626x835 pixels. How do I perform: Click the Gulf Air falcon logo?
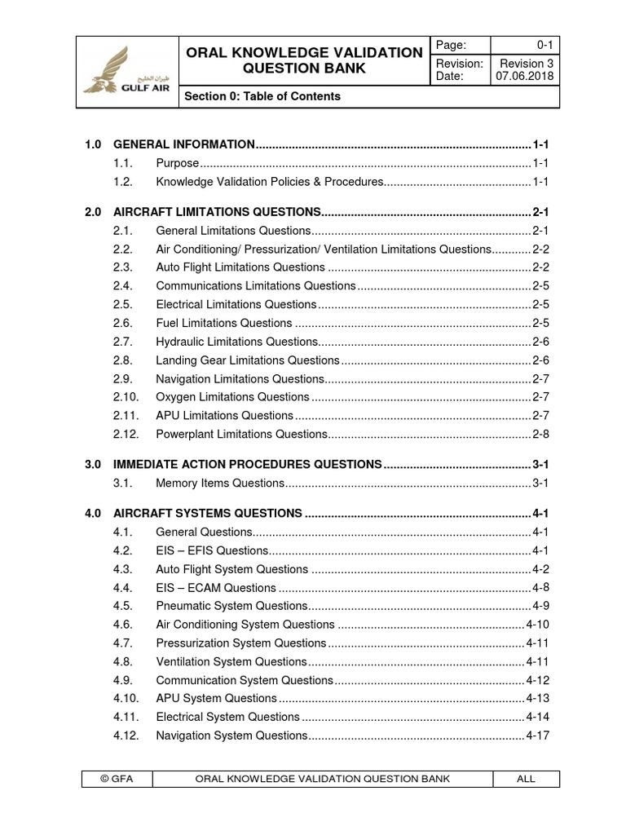pyautogui.click(x=126, y=72)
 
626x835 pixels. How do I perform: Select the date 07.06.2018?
pyautogui.click(x=526, y=76)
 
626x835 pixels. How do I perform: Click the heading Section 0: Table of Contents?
pyautogui.click(x=262, y=96)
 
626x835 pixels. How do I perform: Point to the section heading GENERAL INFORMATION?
pyautogui.click(x=184, y=144)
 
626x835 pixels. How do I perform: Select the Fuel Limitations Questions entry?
pyautogui.click(x=223, y=323)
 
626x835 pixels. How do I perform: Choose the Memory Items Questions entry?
pyautogui.click(x=219, y=484)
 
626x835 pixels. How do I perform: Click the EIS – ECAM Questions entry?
pyautogui.click(x=216, y=587)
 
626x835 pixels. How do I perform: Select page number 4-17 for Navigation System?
pyautogui.click(x=538, y=736)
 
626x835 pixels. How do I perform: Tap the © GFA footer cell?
pyautogui.click(x=116, y=779)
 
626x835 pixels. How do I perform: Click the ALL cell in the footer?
pyautogui.click(x=526, y=779)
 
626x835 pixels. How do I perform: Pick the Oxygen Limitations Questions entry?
pyautogui.click(x=232, y=397)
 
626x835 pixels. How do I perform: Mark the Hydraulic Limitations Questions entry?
pyautogui.click(x=236, y=342)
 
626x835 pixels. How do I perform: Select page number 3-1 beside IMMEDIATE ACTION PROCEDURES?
pyautogui.click(x=540, y=464)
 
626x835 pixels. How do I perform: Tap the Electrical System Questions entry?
pyautogui.click(x=227, y=717)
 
